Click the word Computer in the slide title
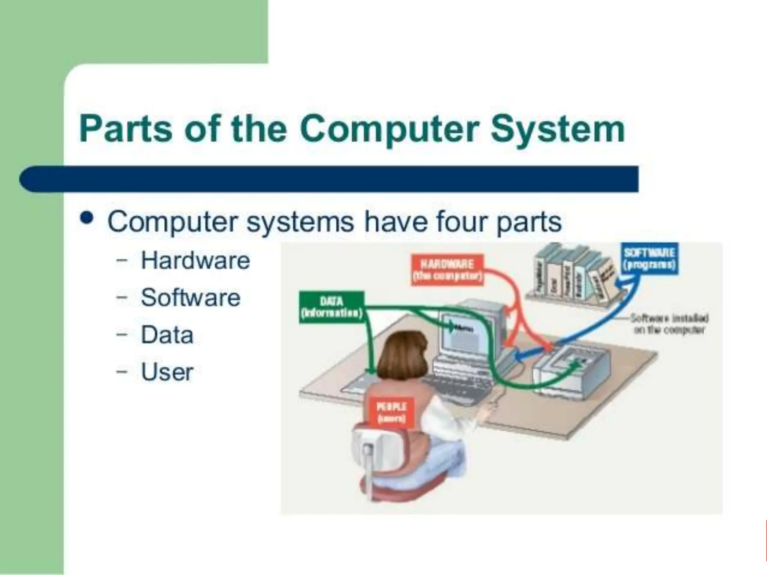389,130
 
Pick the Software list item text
190,298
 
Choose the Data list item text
167,335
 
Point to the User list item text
167,372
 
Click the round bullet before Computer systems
87,218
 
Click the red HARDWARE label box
447,270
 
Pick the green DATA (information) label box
331,307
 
